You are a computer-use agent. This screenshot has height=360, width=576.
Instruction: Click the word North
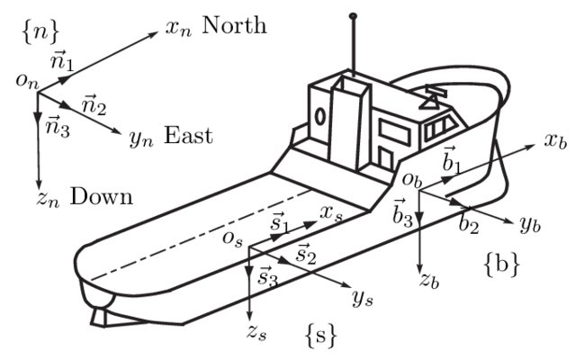pos(235,24)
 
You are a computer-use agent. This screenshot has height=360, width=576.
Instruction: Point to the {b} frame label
pos(500,265)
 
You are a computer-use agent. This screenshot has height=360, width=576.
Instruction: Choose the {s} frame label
pos(321,336)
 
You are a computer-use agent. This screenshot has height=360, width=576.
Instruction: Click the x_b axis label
pos(554,141)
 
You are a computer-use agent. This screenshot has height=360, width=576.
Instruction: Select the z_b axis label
pos(430,279)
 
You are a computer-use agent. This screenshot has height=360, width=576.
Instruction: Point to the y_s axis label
pos(363,298)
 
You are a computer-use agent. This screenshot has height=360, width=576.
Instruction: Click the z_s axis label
pos(256,331)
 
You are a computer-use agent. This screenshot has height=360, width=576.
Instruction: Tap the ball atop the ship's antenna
pos(353,15)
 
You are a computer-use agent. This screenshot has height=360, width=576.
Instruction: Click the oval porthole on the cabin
pos(320,116)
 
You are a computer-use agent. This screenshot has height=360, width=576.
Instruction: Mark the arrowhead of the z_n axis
pos(37,180)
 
